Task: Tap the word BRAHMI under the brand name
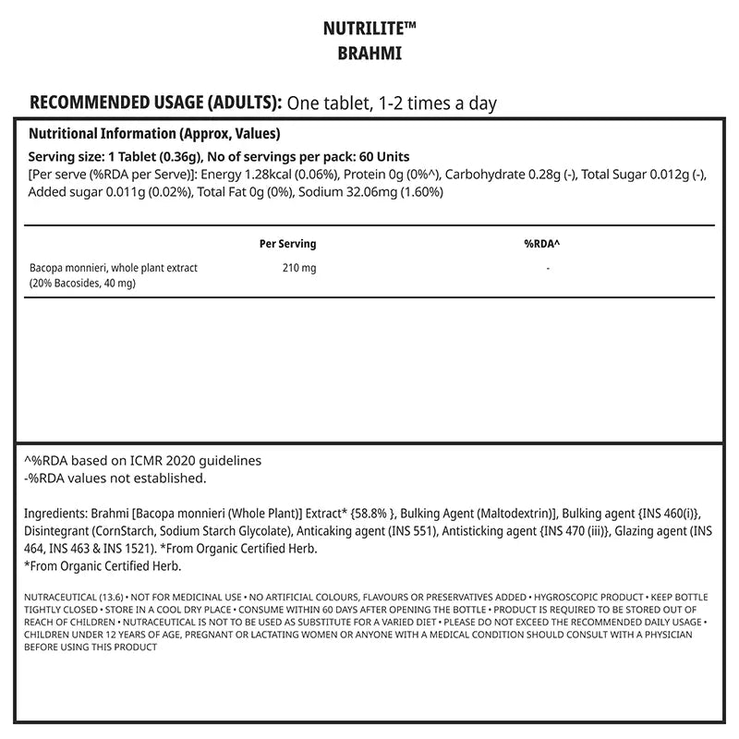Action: click(x=369, y=54)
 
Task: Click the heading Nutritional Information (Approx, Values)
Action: click(x=154, y=133)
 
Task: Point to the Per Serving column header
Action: click(x=288, y=244)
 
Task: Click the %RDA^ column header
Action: click(x=542, y=244)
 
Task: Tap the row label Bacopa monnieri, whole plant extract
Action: click(x=114, y=268)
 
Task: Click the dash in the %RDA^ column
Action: click(x=548, y=268)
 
